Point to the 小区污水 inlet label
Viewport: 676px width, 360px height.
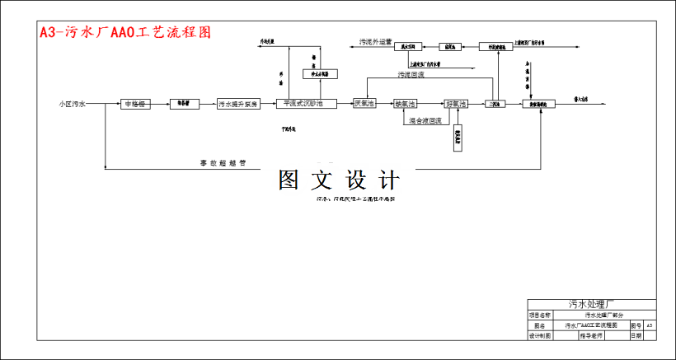(x=72, y=105)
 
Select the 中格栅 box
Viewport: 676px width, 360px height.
(x=134, y=105)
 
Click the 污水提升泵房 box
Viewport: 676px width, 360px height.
(x=238, y=105)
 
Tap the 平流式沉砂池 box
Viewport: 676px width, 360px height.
(x=309, y=105)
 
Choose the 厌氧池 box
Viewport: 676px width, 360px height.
(x=364, y=105)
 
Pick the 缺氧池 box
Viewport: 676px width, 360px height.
(x=405, y=105)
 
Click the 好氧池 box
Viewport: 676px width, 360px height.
(x=456, y=105)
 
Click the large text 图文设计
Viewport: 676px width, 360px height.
(x=339, y=180)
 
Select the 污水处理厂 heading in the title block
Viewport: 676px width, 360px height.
(x=591, y=303)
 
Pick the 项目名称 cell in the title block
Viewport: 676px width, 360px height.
(x=539, y=315)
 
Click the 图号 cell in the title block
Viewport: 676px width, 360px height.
(x=635, y=325)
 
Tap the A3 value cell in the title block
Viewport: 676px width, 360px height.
(x=650, y=325)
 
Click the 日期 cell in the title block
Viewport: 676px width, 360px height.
(x=636, y=336)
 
